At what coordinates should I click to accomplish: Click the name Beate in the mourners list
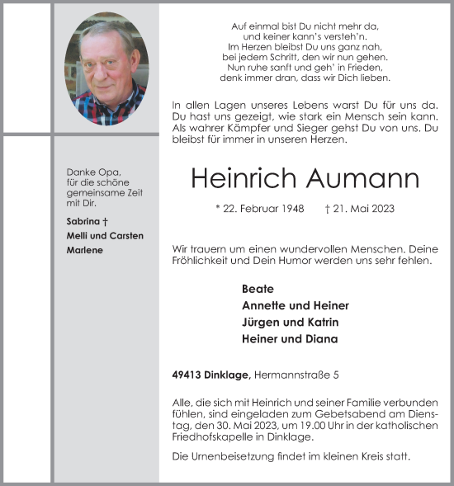(x=258, y=290)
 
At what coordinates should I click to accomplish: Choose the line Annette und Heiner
(x=295, y=306)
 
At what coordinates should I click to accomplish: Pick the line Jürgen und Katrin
(x=290, y=323)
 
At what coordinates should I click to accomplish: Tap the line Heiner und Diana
(x=290, y=339)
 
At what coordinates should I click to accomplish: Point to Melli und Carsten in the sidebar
(x=106, y=236)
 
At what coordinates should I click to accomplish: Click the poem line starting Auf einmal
(x=305, y=26)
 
